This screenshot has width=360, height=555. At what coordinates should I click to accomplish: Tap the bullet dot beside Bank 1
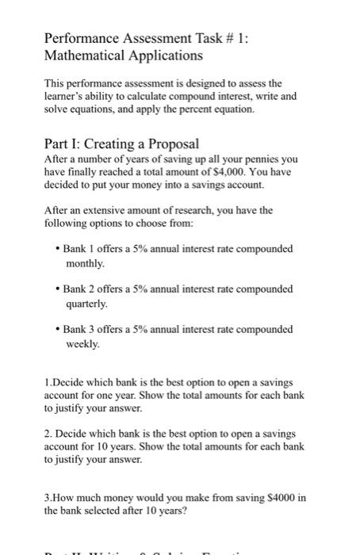click(58, 249)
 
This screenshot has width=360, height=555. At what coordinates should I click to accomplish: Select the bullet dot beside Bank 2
click(58, 289)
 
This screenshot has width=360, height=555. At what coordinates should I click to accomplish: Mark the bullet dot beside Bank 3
click(58, 329)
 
